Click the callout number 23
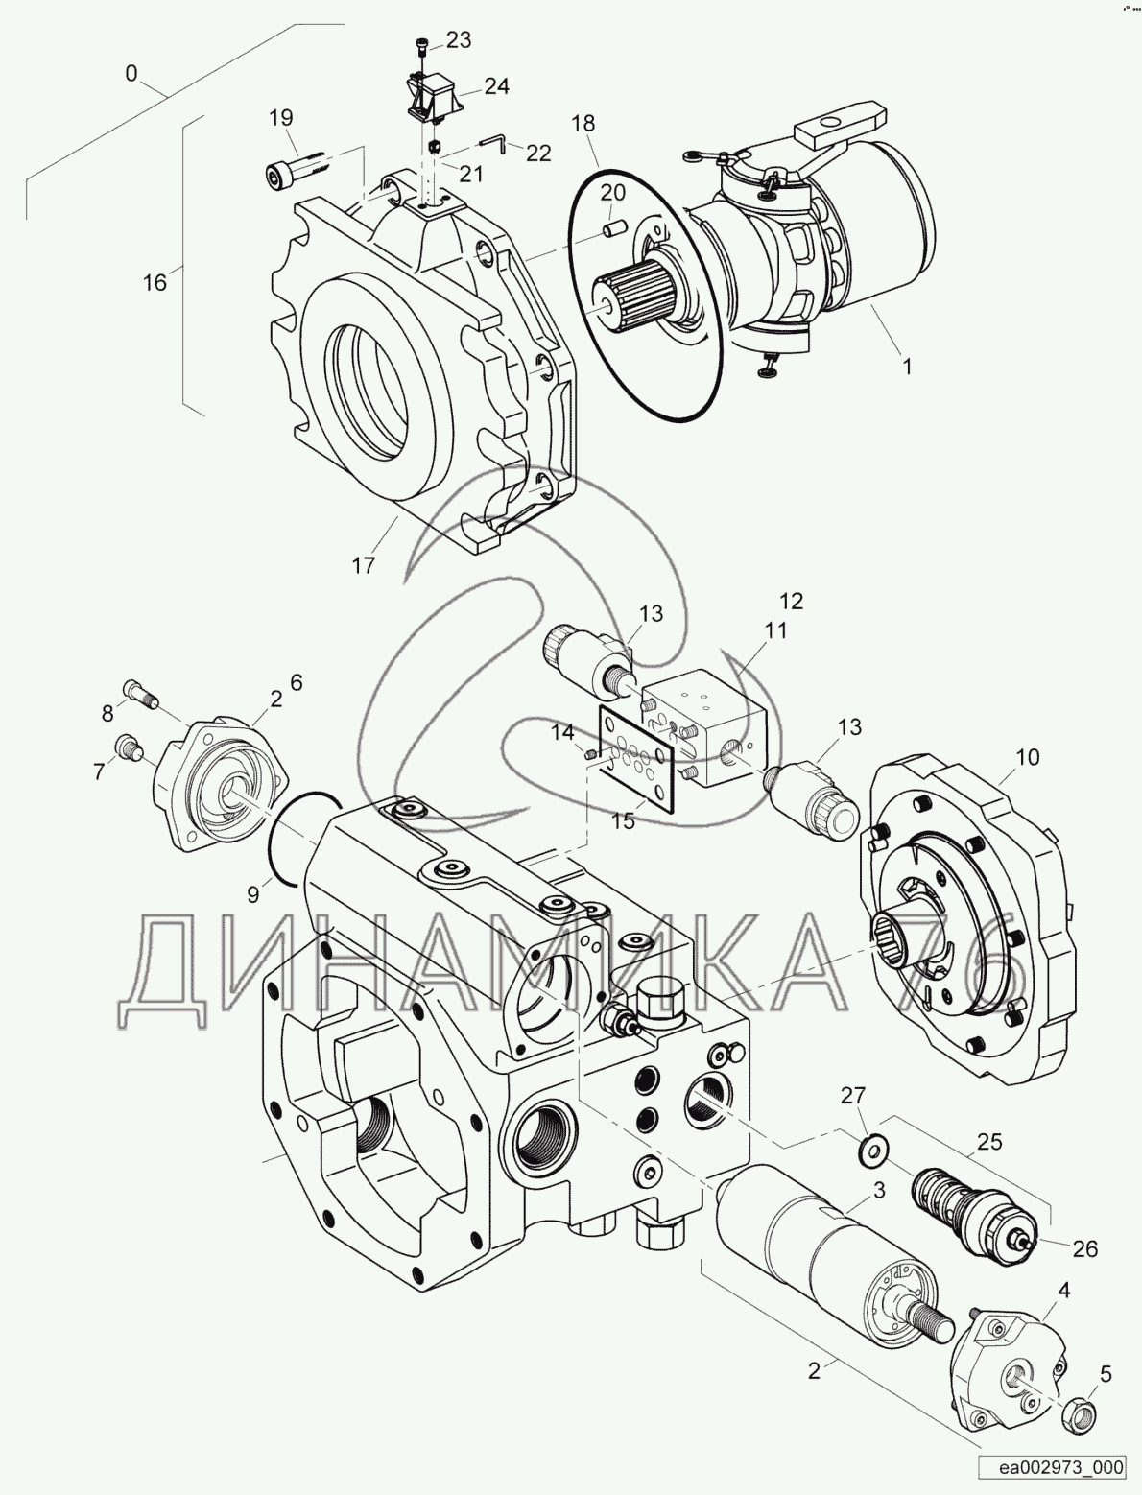pyautogui.click(x=459, y=39)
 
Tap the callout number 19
pyautogui.click(x=280, y=118)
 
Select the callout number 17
pyautogui.click(x=363, y=565)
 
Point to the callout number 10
pyautogui.click(x=1027, y=757)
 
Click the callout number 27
pyautogui.click(x=853, y=1096)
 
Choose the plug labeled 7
pyautogui.click(x=128, y=746)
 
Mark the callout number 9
pyautogui.click(x=253, y=894)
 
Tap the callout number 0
pyautogui.click(x=131, y=72)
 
